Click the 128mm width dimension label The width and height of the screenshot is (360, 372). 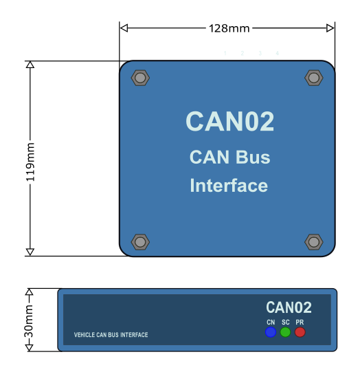click(229, 28)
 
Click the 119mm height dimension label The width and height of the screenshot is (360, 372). click(30, 162)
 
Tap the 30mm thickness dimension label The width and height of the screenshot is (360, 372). click(29, 321)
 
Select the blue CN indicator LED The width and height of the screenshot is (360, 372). click(271, 332)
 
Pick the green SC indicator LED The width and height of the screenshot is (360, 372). click(285, 332)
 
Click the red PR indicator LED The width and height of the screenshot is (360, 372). click(300, 332)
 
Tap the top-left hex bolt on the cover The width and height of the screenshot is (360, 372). click(140, 78)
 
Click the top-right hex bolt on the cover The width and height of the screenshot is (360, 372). click(314, 78)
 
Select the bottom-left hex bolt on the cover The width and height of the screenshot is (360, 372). click(140, 242)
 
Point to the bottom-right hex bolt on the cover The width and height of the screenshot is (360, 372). click(314, 242)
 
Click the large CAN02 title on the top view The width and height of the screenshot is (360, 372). click(230, 121)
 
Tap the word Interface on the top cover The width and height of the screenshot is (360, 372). click(229, 185)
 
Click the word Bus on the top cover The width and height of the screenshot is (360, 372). click(253, 157)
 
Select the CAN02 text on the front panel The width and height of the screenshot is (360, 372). click(289, 307)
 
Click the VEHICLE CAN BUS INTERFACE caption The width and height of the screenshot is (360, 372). click(111, 335)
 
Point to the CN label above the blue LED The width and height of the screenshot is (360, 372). click(271, 322)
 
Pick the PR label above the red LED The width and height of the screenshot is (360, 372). click(300, 322)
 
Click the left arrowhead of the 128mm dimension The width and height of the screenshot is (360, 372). click(124, 28)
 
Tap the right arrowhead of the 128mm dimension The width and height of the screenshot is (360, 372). click(330, 28)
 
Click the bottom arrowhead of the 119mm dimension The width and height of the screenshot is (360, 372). click(30, 252)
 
